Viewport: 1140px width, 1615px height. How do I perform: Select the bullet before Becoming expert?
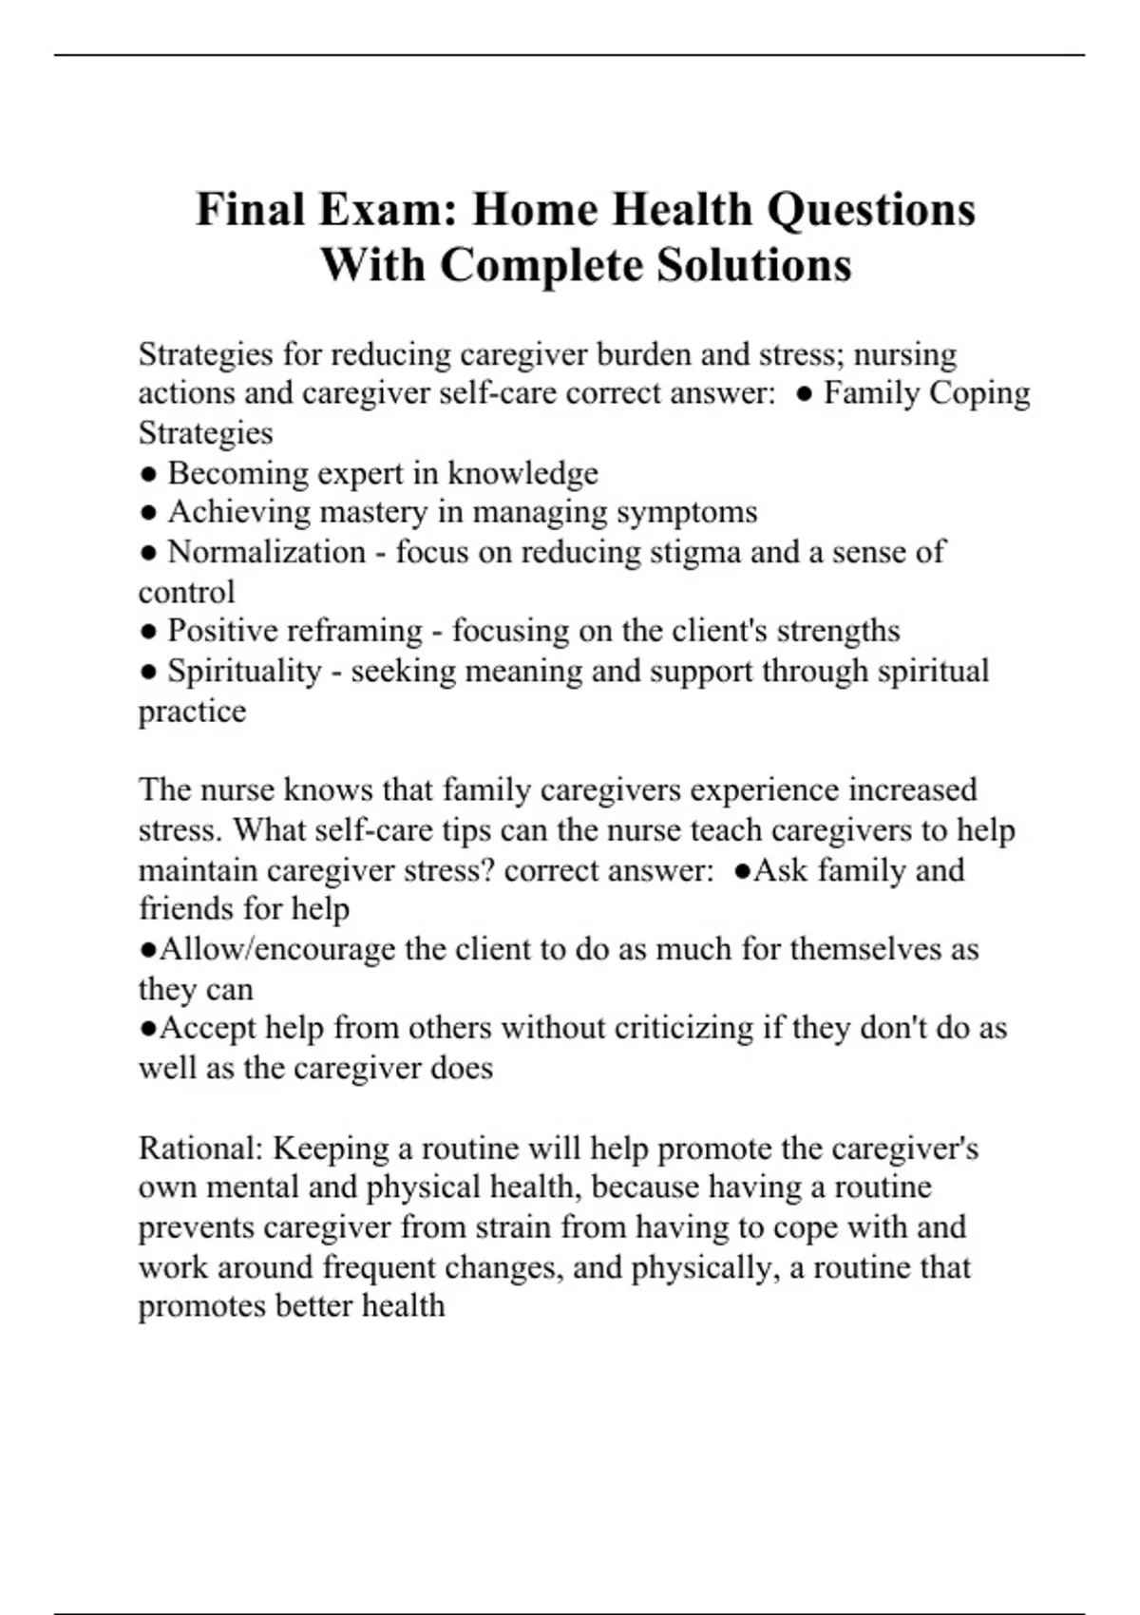point(147,473)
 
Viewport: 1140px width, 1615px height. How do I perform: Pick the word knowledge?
point(522,473)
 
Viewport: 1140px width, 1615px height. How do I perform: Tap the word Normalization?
point(266,552)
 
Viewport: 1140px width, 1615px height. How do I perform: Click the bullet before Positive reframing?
point(147,631)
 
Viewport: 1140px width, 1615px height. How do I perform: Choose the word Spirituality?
point(245,671)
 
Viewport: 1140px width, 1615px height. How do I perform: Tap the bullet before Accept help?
point(147,1028)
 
